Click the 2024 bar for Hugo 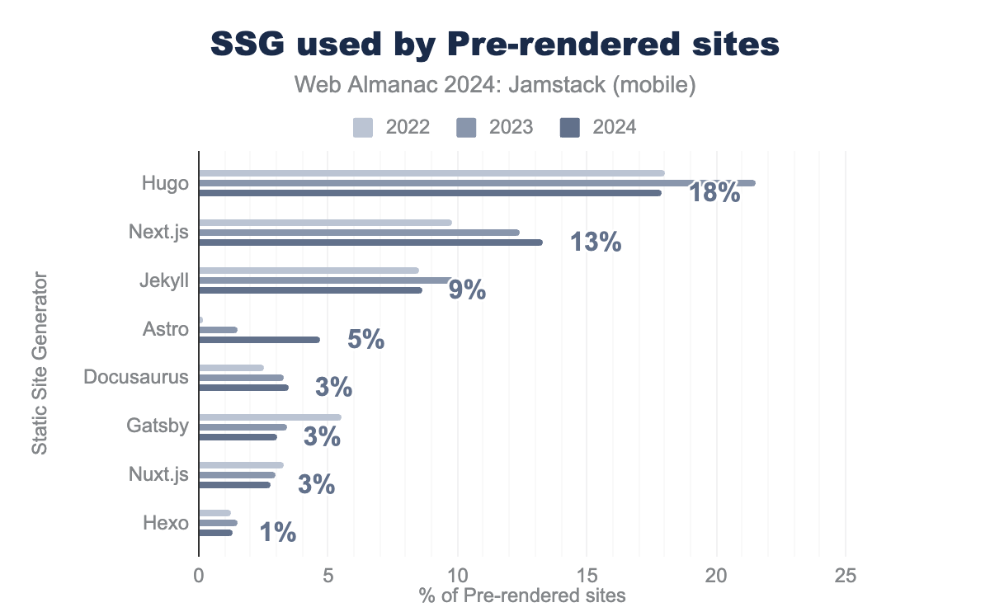(x=429, y=193)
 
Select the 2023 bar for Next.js (x=359, y=233)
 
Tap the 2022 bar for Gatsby (x=270, y=417)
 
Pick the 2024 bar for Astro (x=259, y=339)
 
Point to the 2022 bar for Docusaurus (x=231, y=368)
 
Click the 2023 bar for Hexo (x=218, y=523)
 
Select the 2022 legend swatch (x=363, y=127)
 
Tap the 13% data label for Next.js (x=595, y=242)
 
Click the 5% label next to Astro (x=365, y=339)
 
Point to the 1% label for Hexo (x=277, y=533)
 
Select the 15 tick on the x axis (x=587, y=576)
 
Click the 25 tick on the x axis (x=845, y=576)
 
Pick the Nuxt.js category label (x=159, y=475)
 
